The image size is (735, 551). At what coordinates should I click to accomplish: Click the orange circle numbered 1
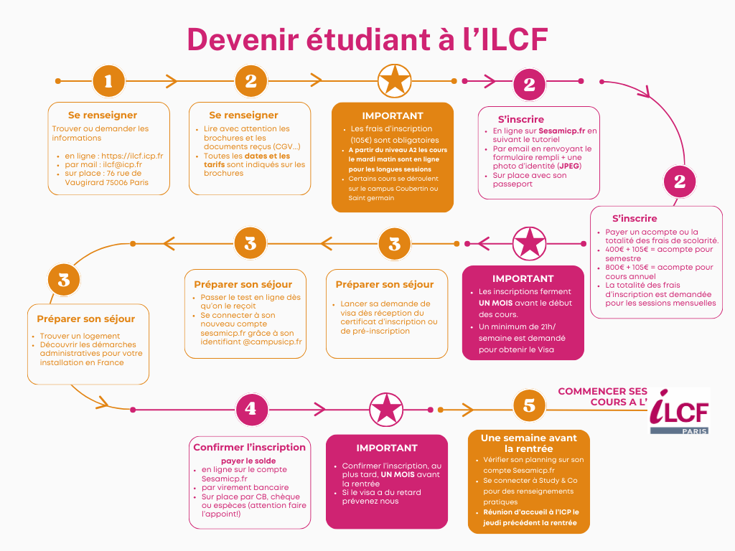108,81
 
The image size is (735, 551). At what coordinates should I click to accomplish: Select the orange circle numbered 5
529,405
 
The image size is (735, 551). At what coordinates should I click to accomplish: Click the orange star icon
394,80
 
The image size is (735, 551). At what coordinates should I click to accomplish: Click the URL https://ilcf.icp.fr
132,156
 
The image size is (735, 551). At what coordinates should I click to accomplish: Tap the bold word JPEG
570,166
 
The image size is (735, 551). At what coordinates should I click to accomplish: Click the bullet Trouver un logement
80,336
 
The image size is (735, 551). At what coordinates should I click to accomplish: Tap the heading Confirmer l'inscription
249,447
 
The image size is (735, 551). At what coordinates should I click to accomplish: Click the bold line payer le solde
248,461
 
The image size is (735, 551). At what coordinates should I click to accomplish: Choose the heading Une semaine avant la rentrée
528,443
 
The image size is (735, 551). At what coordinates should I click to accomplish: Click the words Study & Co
549,480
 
